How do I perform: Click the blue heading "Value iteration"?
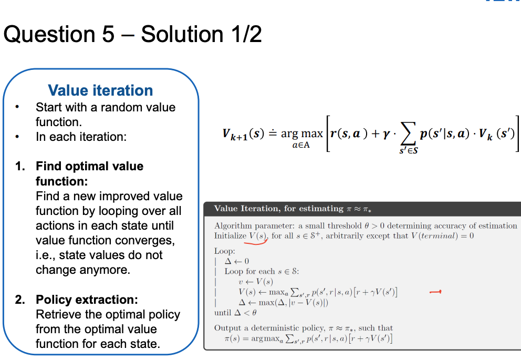point(100,90)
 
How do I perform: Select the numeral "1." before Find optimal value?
point(20,166)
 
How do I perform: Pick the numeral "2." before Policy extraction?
point(20,300)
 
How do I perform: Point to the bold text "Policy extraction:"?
point(87,300)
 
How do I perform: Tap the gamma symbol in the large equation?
point(386,134)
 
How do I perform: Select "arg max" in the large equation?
point(301,134)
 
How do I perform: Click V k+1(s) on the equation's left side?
point(243,134)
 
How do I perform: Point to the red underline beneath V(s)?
point(256,242)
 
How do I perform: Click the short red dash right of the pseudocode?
point(435,292)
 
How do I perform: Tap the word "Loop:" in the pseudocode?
point(225,251)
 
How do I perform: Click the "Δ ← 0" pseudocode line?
point(236,261)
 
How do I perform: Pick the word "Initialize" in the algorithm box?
point(231,235)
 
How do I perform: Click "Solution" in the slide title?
point(182,34)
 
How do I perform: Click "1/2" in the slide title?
point(246,34)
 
